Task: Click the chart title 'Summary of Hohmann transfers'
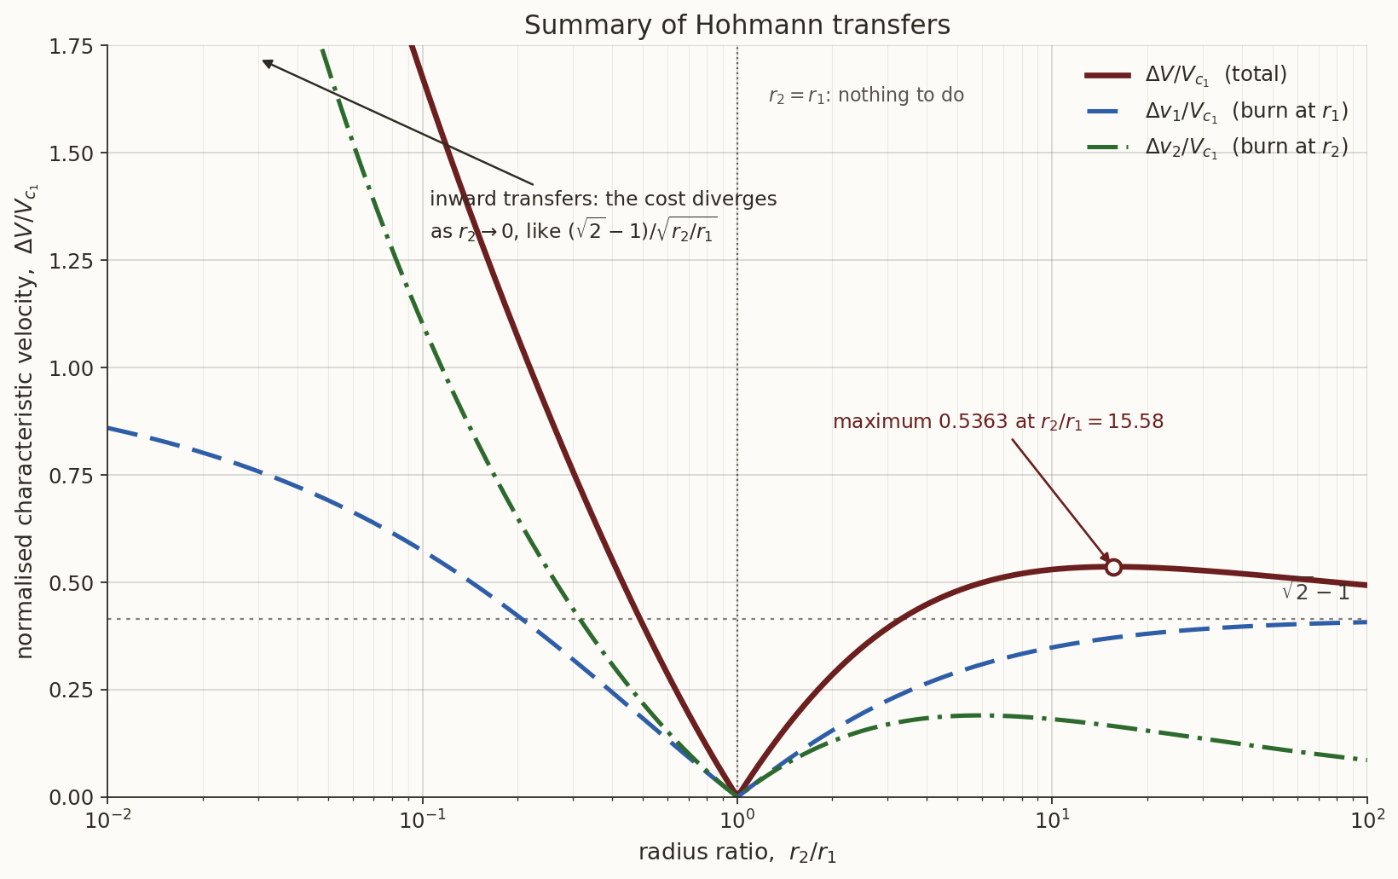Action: (x=737, y=26)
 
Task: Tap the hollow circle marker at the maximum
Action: (x=1113, y=568)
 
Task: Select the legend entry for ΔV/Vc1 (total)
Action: (x=1186, y=75)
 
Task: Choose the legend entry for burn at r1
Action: (x=1217, y=111)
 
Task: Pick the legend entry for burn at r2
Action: (x=1217, y=147)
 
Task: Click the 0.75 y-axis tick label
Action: (x=71, y=476)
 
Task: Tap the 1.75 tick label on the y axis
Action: (x=71, y=46)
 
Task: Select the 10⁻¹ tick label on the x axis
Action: (x=423, y=819)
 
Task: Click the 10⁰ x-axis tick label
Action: (x=737, y=819)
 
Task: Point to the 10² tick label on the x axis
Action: (x=1366, y=819)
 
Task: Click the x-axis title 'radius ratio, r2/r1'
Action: (x=737, y=853)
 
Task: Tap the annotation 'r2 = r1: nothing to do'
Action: (x=866, y=95)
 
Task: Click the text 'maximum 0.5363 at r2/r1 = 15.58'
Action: (x=998, y=422)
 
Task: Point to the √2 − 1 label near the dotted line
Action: (x=1315, y=591)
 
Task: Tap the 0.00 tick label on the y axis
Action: (x=71, y=798)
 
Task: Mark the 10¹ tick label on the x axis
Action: (x=1052, y=819)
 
